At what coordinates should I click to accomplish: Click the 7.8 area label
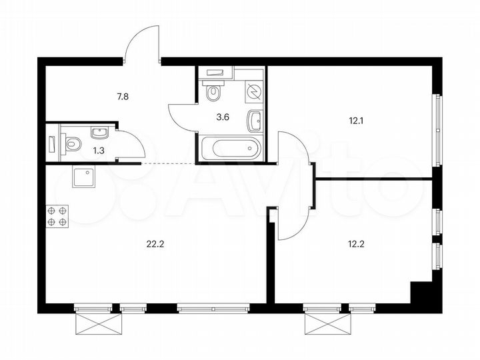123,97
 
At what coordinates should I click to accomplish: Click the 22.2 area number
155,243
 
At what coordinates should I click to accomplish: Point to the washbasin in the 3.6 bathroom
255,120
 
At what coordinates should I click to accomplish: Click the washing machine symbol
253,91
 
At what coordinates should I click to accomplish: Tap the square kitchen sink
84,177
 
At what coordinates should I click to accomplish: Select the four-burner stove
57,217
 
